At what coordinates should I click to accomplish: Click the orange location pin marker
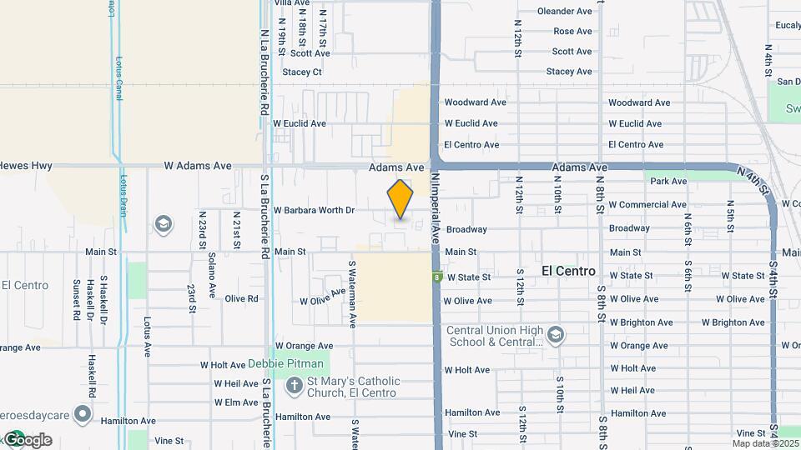point(400,199)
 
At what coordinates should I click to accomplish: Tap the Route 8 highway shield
point(436,277)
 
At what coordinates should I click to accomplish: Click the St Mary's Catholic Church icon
point(294,386)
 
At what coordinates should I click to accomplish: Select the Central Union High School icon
point(557,335)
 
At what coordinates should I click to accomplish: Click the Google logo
point(28,439)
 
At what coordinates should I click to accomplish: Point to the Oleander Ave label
point(565,12)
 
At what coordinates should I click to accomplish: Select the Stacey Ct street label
point(302,72)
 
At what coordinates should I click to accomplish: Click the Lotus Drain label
point(123,196)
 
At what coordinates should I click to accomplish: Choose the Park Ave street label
point(667,181)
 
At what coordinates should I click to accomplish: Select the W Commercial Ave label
point(647,205)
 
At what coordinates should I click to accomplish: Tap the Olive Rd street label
point(241,298)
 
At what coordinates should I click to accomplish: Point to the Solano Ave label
point(212,276)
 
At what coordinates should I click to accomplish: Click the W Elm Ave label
point(236,402)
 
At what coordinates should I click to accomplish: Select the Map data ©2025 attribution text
point(766,443)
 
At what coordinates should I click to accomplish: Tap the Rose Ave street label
point(572,32)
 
